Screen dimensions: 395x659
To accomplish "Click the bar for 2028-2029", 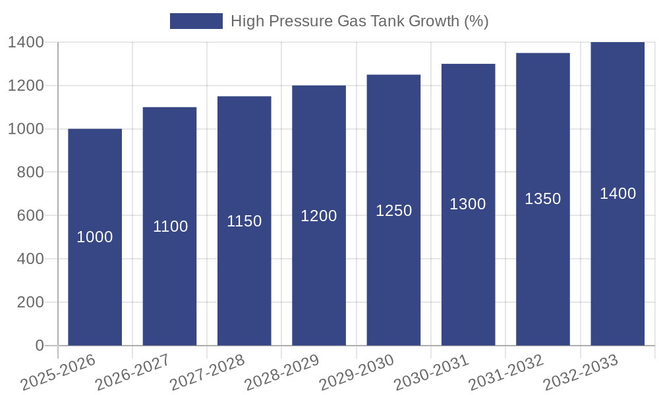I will tap(319, 276).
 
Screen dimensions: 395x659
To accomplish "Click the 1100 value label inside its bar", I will tap(171, 226).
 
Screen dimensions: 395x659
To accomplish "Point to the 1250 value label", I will tap(394, 211).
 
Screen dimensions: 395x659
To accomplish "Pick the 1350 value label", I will tap(543, 199).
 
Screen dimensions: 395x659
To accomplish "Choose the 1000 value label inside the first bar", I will tap(95, 237).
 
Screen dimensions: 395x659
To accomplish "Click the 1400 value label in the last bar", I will tap(618, 194).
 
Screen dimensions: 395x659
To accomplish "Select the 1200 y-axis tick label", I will tap(26, 86).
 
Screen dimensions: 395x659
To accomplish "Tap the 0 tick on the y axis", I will tap(39, 346).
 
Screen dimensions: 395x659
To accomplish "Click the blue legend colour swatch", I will tap(196, 21).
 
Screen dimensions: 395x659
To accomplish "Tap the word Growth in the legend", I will tap(434, 21).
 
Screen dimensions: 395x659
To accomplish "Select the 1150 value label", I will tap(244, 221).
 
